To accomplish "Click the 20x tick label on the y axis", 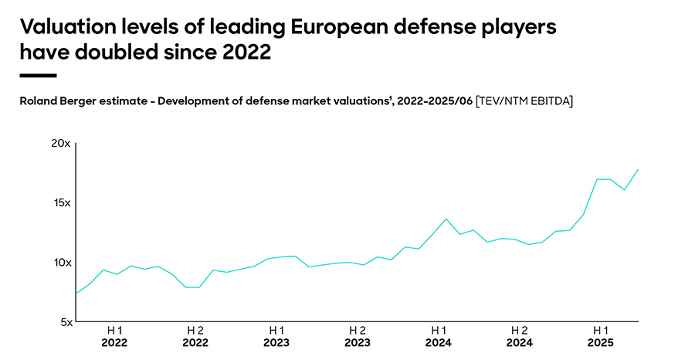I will [x=61, y=144].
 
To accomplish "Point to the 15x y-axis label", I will [x=62, y=203].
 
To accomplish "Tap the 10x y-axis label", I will [x=62, y=263].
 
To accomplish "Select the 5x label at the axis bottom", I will [x=64, y=322].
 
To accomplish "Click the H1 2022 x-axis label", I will [x=114, y=336].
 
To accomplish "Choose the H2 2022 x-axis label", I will [x=195, y=336].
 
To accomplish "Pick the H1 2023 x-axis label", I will [x=276, y=336].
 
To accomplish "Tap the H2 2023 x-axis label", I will [x=358, y=336].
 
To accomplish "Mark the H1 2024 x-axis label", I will [x=439, y=336].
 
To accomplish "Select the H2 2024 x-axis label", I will [x=520, y=336].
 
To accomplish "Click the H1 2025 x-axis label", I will [x=601, y=336].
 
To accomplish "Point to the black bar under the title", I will [x=38, y=76].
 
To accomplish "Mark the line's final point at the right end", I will [x=638, y=169].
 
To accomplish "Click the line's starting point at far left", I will [x=76, y=294].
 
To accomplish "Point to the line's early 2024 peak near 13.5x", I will [x=446, y=219].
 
